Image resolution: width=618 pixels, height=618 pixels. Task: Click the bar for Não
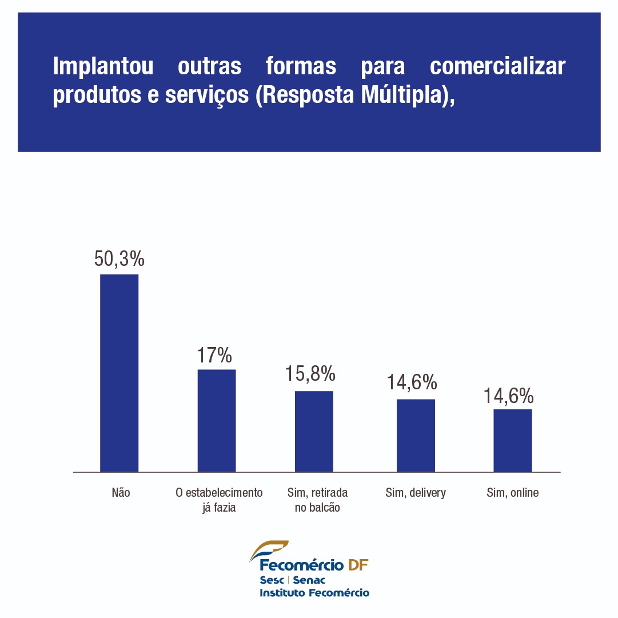click(119, 373)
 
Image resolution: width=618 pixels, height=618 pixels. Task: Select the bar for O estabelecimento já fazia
click(217, 420)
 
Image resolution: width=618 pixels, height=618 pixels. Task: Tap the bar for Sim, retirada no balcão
click(314, 431)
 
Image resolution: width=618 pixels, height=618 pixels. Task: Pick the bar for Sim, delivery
click(416, 435)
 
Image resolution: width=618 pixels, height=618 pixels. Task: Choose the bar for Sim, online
click(513, 440)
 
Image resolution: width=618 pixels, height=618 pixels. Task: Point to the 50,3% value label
click(119, 259)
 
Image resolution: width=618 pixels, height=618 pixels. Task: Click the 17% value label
click(215, 355)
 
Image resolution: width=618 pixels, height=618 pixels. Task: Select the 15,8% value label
click(310, 374)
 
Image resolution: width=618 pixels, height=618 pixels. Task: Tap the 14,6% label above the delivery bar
click(412, 382)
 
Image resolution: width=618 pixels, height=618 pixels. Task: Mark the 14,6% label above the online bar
click(508, 396)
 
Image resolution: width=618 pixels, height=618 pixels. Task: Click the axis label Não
click(121, 492)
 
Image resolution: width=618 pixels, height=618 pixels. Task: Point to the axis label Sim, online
click(513, 492)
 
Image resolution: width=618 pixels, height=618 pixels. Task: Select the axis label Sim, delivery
click(416, 492)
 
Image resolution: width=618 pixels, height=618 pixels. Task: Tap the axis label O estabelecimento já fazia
click(219, 500)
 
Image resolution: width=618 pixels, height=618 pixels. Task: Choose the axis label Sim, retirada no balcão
click(317, 500)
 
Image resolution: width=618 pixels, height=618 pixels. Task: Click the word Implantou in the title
click(103, 66)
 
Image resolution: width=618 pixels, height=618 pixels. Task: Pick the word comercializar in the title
click(497, 66)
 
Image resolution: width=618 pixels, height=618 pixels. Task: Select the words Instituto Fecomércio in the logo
click(314, 593)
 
